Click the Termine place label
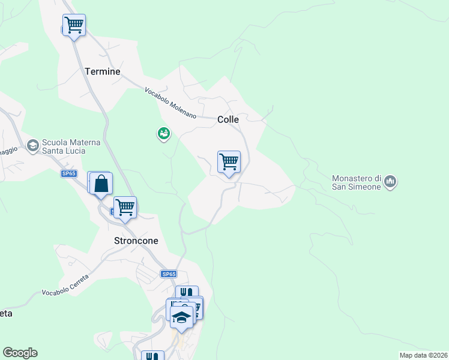(102, 71)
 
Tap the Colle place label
(228, 119)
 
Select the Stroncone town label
(136, 241)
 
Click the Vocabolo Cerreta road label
(65, 285)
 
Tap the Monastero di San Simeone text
(357, 182)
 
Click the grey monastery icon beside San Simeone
(390, 181)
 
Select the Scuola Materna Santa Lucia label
(67, 147)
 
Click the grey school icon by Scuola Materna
(32, 145)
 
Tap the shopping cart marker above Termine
(74, 26)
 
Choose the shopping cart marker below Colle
(229, 162)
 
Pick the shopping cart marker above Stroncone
(125, 208)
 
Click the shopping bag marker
(101, 184)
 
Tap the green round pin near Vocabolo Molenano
(163, 134)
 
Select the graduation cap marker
(181, 317)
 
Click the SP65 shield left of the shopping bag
(69, 173)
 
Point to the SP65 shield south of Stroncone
(169, 274)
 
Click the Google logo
(20, 353)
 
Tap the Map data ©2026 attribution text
(424, 355)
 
